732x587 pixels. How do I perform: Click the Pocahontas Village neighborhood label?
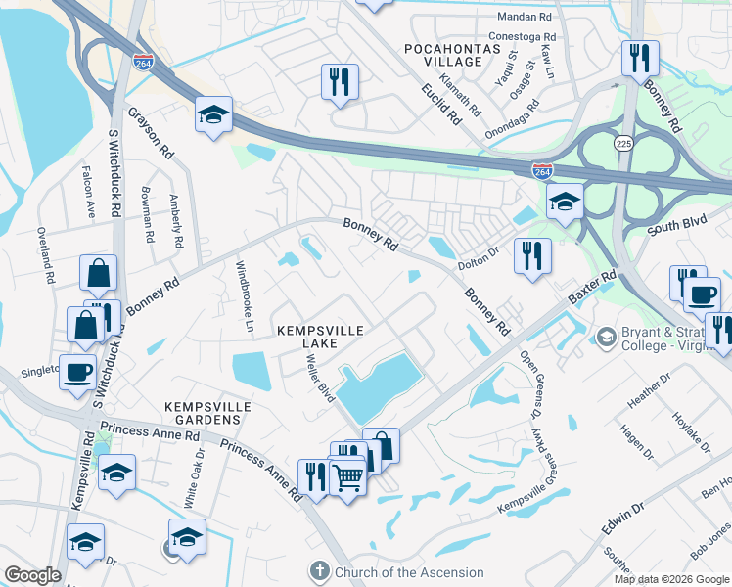pos(443,54)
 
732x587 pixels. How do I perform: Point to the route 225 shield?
pos(623,144)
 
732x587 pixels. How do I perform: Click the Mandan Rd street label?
pos(525,17)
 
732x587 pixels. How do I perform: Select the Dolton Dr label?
pos(479,258)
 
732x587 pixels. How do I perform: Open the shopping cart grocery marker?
pos(348,478)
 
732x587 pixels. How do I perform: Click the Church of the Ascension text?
pos(410,572)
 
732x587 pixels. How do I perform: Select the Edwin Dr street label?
pos(623,518)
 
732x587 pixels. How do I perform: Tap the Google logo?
pos(31,575)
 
